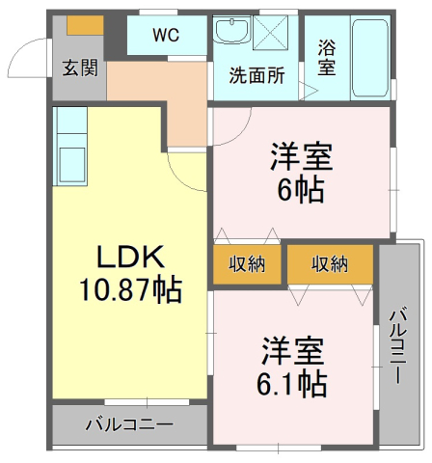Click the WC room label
click(166, 35)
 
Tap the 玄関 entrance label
click(80, 68)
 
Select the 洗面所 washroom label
click(256, 75)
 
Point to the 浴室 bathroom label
click(327, 58)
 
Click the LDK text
click(131, 257)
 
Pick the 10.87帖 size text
click(130, 289)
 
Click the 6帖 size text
click(301, 190)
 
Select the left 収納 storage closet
click(247, 264)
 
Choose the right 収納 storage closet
click(330, 264)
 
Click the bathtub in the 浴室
click(370, 58)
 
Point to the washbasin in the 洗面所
click(232, 30)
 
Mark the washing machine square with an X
click(270, 33)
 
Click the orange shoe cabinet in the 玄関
click(85, 25)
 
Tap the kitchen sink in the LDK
click(72, 165)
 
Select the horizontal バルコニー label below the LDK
click(129, 424)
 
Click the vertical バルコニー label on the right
click(398, 345)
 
